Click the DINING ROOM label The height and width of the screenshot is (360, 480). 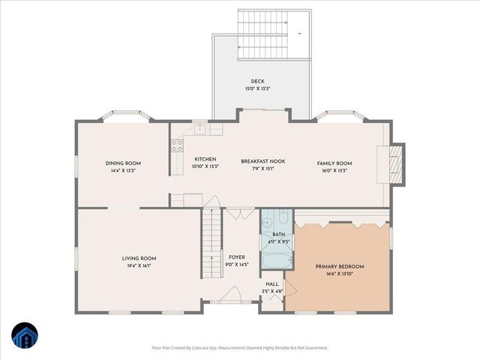point(123,163)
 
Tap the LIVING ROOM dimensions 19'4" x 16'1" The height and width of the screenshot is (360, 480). point(139,265)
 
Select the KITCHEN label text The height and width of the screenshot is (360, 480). point(205,159)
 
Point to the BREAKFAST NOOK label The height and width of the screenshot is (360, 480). point(262,160)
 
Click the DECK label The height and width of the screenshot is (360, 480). point(257,81)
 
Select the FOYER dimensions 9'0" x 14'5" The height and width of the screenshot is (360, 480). point(237,264)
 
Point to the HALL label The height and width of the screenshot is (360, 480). point(271,283)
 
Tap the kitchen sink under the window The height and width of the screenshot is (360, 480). point(200,130)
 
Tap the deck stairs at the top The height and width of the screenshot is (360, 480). point(263,34)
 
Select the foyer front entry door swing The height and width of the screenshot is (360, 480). point(233,294)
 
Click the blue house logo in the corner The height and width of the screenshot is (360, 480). point(24,334)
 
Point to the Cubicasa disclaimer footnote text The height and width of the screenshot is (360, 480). point(239,348)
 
